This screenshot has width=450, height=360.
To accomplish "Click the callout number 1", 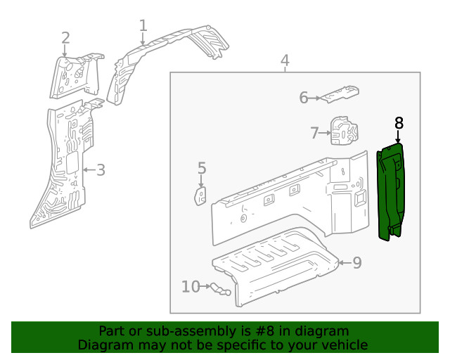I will click(x=143, y=26).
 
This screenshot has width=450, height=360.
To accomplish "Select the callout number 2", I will click(x=65, y=38).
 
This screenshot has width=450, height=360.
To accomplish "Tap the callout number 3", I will click(x=101, y=169).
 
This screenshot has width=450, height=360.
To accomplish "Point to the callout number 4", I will click(x=285, y=60).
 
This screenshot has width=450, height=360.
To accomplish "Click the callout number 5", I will click(x=202, y=168).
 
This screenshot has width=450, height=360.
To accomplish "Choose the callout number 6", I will click(x=304, y=98).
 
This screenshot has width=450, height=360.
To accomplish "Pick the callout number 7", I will click(x=316, y=132).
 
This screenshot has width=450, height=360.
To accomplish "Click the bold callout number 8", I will click(x=399, y=123).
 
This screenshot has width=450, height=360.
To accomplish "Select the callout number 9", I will click(x=356, y=263).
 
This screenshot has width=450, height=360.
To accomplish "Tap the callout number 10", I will click(x=191, y=286).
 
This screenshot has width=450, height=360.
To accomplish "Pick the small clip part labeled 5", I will click(x=201, y=195).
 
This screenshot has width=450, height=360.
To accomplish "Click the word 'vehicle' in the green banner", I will click(x=344, y=345).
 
